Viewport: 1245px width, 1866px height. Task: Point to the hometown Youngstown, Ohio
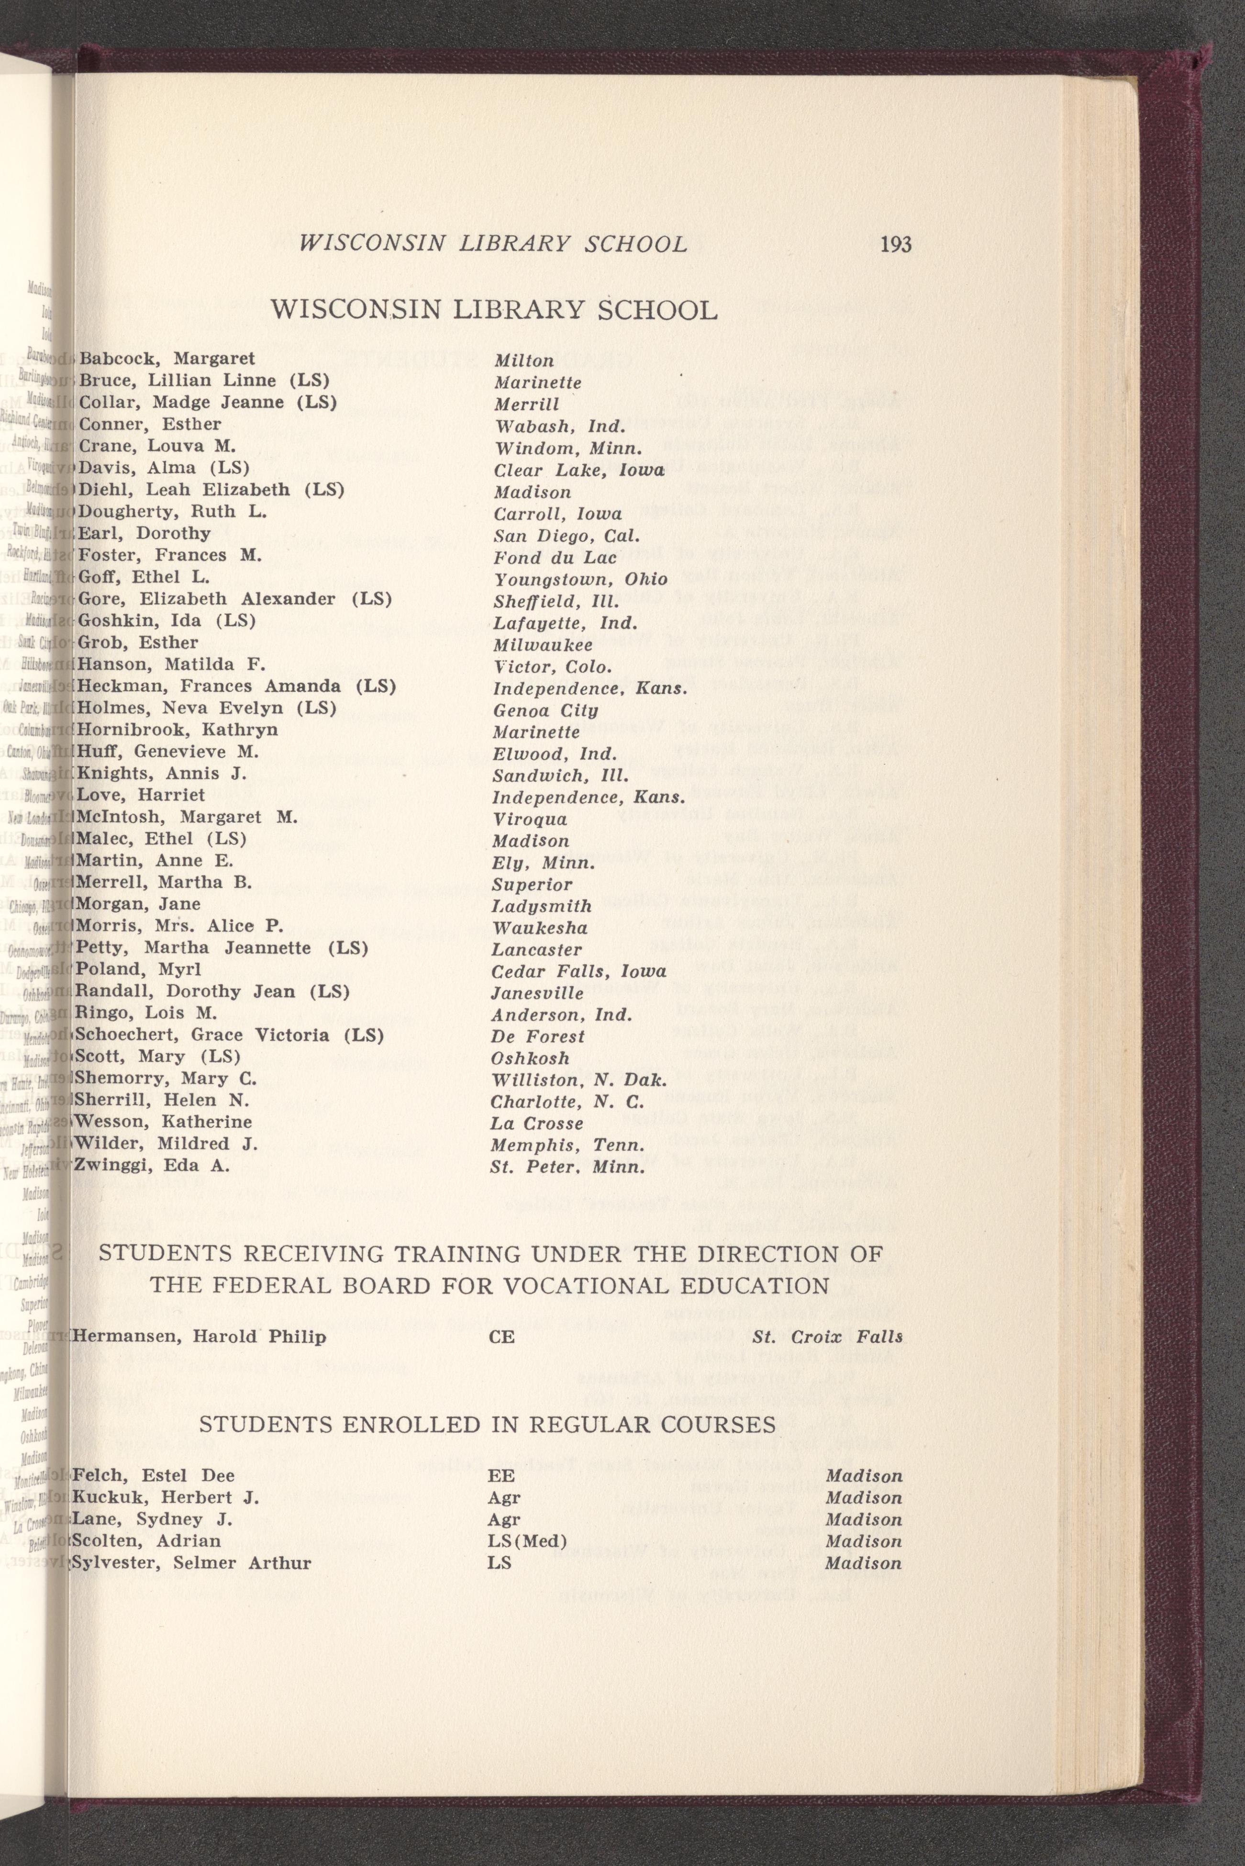579,579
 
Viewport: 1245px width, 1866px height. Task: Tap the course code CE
502,1338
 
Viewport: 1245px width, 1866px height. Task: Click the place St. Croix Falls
827,1337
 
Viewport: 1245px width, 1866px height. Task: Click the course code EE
502,1476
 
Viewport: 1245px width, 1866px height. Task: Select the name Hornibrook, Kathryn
176,729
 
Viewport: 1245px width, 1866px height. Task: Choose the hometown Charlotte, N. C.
567,1102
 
